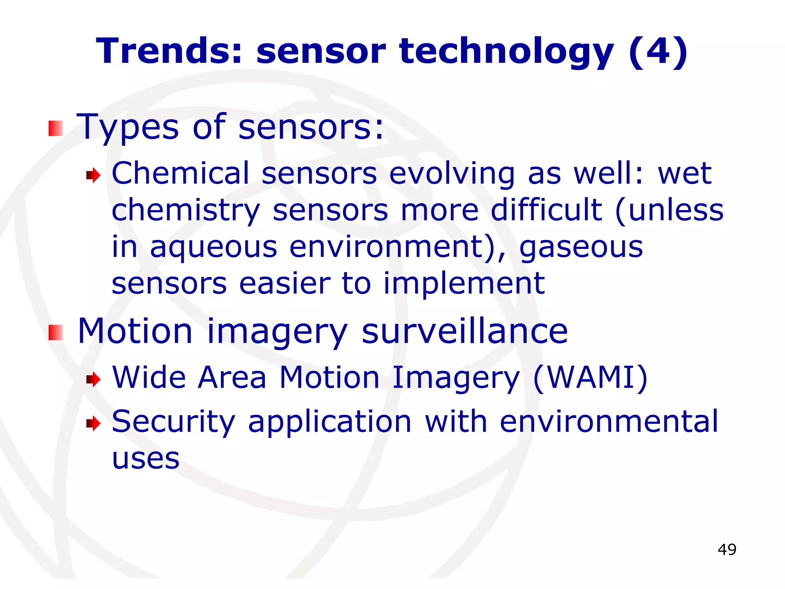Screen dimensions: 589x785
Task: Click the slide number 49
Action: coord(727,550)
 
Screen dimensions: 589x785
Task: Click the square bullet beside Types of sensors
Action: coord(56,128)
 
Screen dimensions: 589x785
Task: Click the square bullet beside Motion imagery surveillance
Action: coord(56,332)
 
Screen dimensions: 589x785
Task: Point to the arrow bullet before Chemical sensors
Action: coord(93,176)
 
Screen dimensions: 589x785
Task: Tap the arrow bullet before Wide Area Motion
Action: coord(93,380)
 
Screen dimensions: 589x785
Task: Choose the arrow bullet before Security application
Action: coord(93,424)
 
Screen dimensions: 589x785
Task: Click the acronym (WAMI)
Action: coord(590,378)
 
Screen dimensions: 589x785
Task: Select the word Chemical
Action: coord(181,173)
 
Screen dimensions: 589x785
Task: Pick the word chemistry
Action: coord(186,211)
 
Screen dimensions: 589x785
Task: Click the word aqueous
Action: coord(213,247)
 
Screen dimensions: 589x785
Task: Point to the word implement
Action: coord(464,284)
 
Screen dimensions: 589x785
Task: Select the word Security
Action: coord(173,422)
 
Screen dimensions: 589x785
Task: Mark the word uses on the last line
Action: coord(146,459)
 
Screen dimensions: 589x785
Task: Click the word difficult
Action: coord(547,210)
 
